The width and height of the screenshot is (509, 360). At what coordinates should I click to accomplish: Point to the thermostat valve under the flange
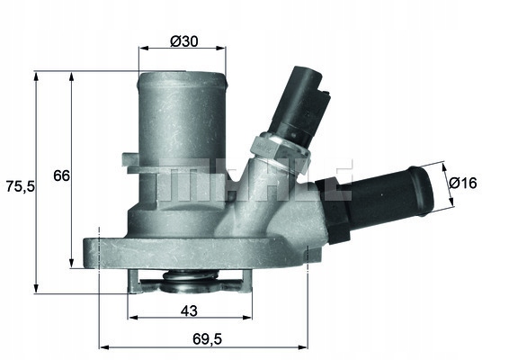(x=188, y=285)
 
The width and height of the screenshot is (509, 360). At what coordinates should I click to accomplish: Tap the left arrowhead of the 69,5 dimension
(x=101, y=346)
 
